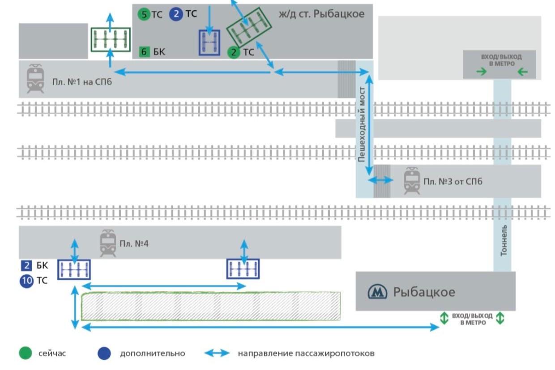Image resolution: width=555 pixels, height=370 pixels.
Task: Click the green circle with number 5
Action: pos(144,14)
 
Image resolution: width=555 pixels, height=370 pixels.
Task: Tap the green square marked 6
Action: pos(144,52)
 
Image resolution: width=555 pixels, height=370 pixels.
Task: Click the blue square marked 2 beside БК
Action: pos(26,265)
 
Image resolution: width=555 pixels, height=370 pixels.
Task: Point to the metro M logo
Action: pos(377,292)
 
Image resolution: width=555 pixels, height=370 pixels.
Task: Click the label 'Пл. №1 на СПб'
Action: pos(82,82)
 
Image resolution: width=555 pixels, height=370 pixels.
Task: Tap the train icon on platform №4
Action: pos(108,243)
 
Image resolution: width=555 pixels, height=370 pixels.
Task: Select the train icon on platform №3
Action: pos(412,181)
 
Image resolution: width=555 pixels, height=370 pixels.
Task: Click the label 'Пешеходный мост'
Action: pos(362,124)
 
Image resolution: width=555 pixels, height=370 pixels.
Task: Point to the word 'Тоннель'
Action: pos(504,240)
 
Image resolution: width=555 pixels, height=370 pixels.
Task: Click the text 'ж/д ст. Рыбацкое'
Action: pos(322,14)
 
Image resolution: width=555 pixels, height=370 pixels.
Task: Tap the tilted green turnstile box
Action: pos(249,27)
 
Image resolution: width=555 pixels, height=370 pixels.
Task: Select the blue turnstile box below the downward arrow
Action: pos(209,43)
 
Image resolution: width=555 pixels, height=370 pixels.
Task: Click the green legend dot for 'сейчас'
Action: pos(26,353)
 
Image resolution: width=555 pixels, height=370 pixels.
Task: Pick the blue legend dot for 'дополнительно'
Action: pos(104,353)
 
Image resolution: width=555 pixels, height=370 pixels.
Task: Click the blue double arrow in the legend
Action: pos(217,353)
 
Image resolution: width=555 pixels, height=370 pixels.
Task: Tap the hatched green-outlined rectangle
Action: pos(211,306)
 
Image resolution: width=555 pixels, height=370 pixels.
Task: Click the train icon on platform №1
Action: pos(35,78)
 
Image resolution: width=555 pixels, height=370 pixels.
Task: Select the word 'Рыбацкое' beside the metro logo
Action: pos(424,292)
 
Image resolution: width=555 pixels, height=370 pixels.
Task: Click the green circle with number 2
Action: pos(233,52)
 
